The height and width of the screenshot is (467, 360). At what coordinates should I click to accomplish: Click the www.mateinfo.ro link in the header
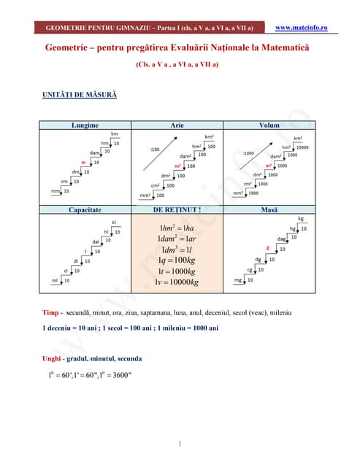tap(302, 28)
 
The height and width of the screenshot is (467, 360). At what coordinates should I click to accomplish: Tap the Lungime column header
tap(85, 126)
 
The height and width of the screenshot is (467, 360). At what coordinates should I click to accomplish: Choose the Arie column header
tap(177, 126)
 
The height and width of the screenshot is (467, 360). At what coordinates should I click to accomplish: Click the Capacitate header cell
tap(85, 209)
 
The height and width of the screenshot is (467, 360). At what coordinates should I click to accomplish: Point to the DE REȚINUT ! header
tap(177, 209)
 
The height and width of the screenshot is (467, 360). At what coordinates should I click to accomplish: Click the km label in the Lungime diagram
tap(115, 134)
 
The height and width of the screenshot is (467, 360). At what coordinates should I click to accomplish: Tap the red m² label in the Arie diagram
tap(177, 166)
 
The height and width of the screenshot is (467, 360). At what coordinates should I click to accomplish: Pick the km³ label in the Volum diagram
tap(298, 138)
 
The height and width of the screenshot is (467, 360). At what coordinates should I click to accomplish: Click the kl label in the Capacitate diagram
tap(114, 222)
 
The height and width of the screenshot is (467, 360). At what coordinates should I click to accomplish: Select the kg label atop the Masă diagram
tap(301, 218)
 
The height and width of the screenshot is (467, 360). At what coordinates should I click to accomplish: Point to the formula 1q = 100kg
tap(177, 260)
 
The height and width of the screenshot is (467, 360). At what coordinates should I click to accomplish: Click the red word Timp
tap(51, 312)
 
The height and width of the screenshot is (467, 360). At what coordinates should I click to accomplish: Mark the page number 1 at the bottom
tap(180, 444)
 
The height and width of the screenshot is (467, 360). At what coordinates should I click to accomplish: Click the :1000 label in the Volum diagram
tap(248, 153)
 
